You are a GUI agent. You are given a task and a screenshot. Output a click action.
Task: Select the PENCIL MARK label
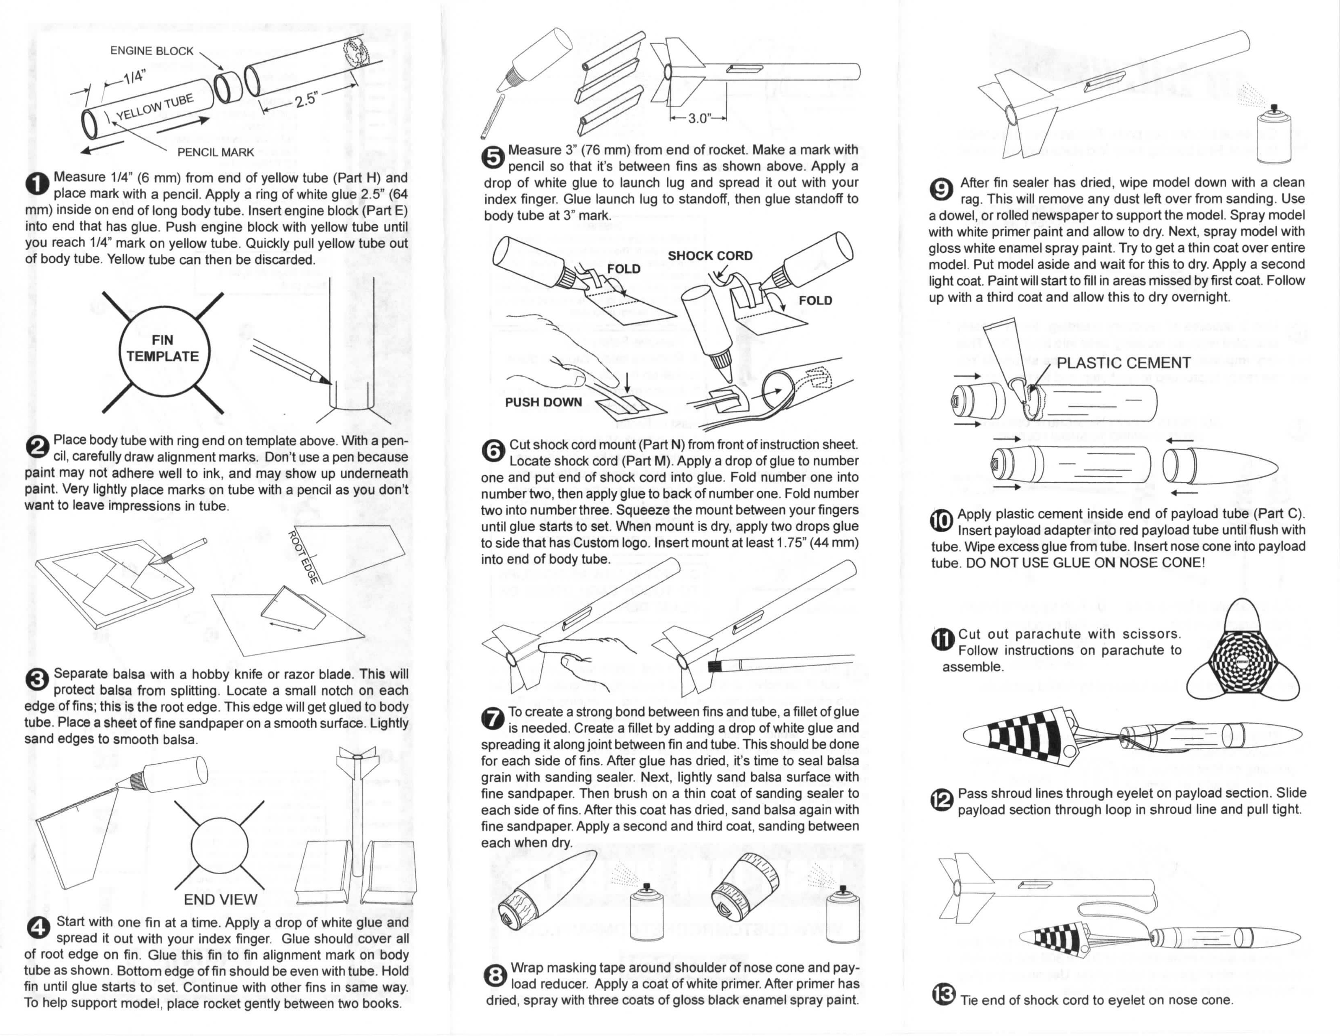point(215,152)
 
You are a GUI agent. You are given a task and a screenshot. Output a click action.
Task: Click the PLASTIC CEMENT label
point(1124,363)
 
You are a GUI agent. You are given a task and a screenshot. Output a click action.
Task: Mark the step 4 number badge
point(37,929)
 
